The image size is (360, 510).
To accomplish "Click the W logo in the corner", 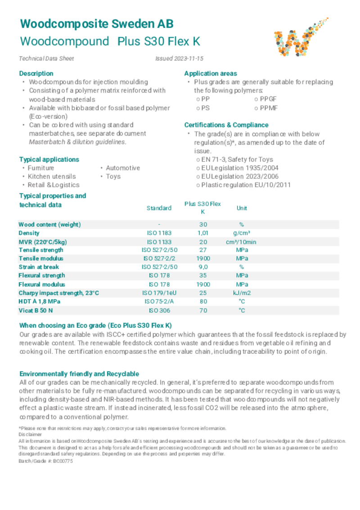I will (298, 37).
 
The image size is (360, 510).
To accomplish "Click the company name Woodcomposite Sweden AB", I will (96, 24).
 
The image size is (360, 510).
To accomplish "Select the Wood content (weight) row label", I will (49, 225).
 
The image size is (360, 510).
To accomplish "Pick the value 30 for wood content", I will (203, 225).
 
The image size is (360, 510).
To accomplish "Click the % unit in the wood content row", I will (242, 225).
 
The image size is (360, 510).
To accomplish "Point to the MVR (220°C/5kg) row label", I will (46, 242).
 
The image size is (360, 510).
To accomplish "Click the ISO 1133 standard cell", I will (159, 242).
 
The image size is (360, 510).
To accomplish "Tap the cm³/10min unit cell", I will (242, 242).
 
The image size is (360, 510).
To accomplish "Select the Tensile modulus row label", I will (41, 258).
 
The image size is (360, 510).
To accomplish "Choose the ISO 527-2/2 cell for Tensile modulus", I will (159, 258).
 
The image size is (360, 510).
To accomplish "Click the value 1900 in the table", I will (203, 258).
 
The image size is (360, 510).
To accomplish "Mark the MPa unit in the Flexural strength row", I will (242, 275).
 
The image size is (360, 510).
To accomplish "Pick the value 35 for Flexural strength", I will (203, 275).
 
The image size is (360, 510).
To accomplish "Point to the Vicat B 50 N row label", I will (39, 311).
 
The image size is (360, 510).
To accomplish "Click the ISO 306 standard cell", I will (159, 311).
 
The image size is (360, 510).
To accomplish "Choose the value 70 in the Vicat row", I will (203, 311).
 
